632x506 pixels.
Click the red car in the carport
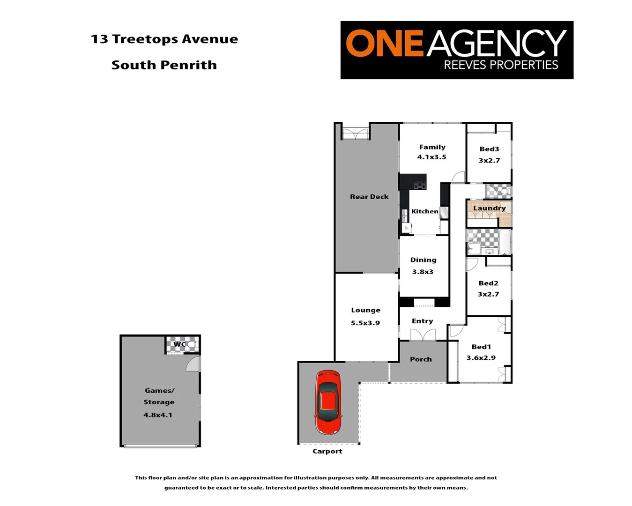(x=328, y=402)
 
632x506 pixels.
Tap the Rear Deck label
(x=369, y=197)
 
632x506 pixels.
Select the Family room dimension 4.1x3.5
(x=431, y=157)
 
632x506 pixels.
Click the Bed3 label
(x=489, y=149)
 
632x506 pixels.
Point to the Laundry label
(x=489, y=208)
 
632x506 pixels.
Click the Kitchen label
(x=424, y=211)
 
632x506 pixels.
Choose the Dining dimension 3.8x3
(x=423, y=272)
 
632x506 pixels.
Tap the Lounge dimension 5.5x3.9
(x=365, y=323)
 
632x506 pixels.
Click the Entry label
(x=422, y=321)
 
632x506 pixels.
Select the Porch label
(x=421, y=359)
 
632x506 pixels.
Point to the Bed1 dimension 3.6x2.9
(x=481, y=357)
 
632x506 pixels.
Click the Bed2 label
(x=488, y=283)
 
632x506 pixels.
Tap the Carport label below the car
(x=327, y=451)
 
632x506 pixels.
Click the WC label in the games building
(x=179, y=344)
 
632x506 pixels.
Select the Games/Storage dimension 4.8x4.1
(x=158, y=415)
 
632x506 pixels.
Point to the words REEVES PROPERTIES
(x=501, y=65)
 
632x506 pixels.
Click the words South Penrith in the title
(x=164, y=65)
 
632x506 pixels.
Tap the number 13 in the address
(x=99, y=39)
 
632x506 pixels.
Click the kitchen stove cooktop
(x=419, y=185)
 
